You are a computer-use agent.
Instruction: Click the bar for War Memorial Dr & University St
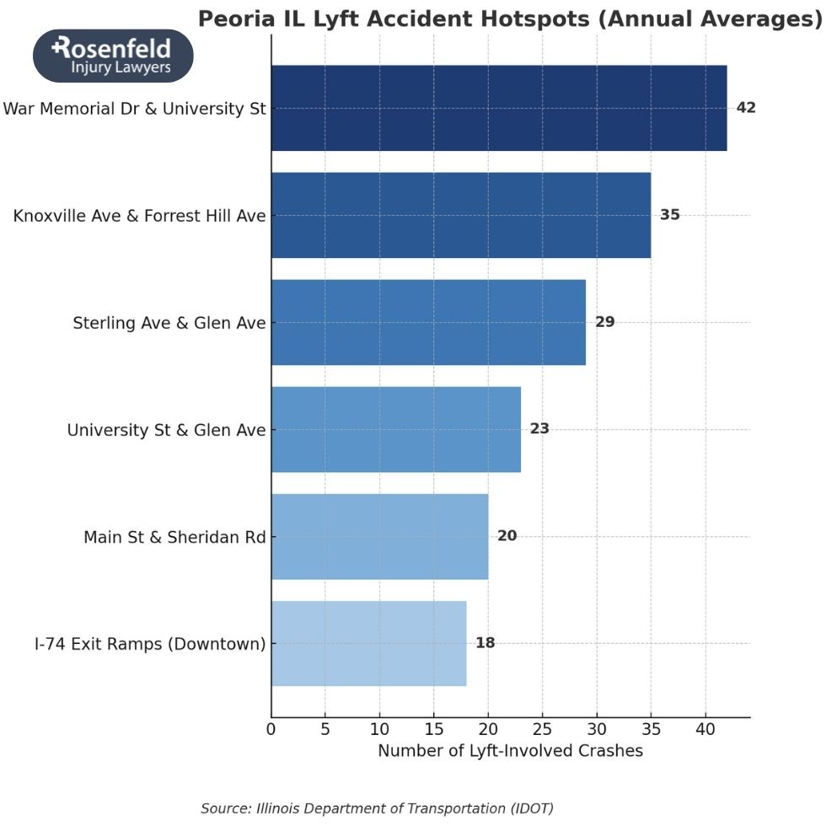pyautogui.click(x=499, y=108)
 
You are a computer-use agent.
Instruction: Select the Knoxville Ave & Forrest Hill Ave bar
pyautogui.click(x=461, y=215)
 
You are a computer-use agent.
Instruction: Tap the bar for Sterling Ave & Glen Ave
pyautogui.click(x=428, y=322)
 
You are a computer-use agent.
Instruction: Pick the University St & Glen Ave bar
pyautogui.click(x=396, y=429)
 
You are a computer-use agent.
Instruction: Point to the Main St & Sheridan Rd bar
pyautogui.click(x=379, y=536)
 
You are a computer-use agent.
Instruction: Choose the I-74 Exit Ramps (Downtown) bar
pyautogui.click(x=368, y=643)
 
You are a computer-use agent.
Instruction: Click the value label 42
pyautogui.click(x=746, y=108)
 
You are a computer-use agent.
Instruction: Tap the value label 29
pyautogui.click(x=605, y=322)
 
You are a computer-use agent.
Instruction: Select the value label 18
pyautogui.click(x=485, y=643)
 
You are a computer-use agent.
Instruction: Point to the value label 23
pyautogui.click(x=539, y=429)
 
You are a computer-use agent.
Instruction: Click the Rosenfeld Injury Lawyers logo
pyautogui.click(x=113, y=56)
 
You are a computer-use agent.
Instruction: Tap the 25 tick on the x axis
pyautogui.click(x=543, y=728)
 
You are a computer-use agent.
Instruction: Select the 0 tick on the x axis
pyautogui.click(x=271, y=728)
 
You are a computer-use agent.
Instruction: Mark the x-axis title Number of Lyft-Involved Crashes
pyautogui.click(x=510, y=750)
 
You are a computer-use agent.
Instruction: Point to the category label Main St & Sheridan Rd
pyautogui.click(x=174, y=537)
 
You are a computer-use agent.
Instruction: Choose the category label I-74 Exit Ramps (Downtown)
pyautogui.click(x=150, y=644)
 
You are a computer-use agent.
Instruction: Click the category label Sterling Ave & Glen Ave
pyautogui.click(x=169, y=323)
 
